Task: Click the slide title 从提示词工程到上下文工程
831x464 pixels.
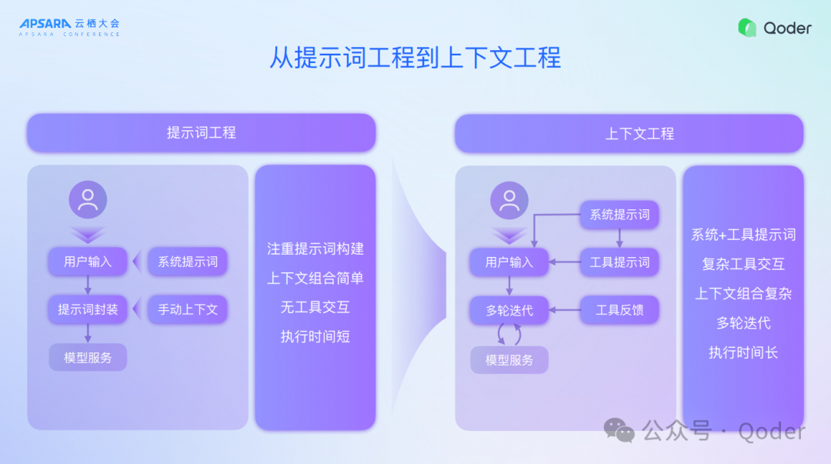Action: coord(415,58)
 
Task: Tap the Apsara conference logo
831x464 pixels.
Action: coord(69,27)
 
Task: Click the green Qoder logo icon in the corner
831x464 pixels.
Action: coord(747,28)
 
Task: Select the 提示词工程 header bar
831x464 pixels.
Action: coord(201,132)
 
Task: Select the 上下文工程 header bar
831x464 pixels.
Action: coord(629,133)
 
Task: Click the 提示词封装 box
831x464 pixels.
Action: coord(88,309)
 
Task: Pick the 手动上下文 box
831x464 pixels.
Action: coord(188,309)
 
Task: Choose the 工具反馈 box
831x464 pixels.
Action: coord(619,310)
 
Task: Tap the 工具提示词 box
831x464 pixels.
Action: coord(619,262)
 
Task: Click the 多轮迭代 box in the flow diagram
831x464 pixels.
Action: coord(509,311)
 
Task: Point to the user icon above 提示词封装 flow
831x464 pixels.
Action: coord(88,200)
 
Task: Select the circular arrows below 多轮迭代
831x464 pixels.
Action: coord(509,335)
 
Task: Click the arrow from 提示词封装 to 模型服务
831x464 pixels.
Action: coord(88,332)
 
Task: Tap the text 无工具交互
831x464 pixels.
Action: coord(315,307)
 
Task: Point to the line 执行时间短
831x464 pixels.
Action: coord(315,336)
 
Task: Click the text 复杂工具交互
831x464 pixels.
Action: coord(743,264)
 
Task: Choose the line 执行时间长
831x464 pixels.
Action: coord(743,352)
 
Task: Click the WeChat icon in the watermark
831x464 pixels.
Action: coord(619,431)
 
